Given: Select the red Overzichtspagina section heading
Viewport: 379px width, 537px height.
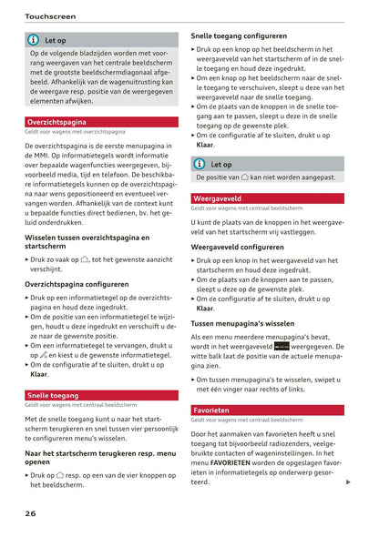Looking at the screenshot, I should tap(56, 121).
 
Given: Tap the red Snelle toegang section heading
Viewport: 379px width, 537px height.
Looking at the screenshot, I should tap(51, 396).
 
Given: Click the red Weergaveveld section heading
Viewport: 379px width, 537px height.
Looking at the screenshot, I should tap(217, 198).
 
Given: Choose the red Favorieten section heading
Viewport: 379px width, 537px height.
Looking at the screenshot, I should tap(212, 410).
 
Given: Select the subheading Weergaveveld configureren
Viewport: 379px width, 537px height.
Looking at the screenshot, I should tap(237, 247).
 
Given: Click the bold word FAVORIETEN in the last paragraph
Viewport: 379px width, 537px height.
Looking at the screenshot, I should tap(237, 463).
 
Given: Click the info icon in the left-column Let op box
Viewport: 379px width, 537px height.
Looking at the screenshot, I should tap(34, 41).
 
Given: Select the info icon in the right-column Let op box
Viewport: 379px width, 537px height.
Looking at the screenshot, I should tap(200, 165).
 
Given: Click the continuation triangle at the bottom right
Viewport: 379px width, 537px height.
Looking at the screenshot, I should tap(349, 482).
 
